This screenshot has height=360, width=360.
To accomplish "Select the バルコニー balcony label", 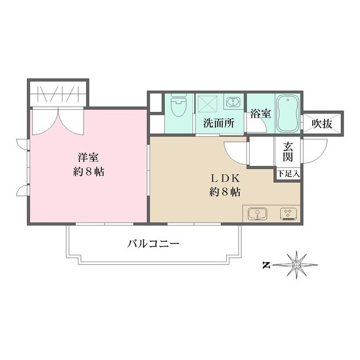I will pos(153,244).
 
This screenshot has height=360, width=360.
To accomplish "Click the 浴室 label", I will pos(261,113).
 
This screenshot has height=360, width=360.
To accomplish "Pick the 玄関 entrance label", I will pos(288,151).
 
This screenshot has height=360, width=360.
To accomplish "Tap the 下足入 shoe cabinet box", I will pos(288,174).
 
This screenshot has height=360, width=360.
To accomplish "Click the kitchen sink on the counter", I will pos(258,214).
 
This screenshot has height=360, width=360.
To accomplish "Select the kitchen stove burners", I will pos(289,214).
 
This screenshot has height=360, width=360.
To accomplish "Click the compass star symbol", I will pos(297,264).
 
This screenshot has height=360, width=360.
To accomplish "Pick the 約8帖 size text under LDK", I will pos(225,192).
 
